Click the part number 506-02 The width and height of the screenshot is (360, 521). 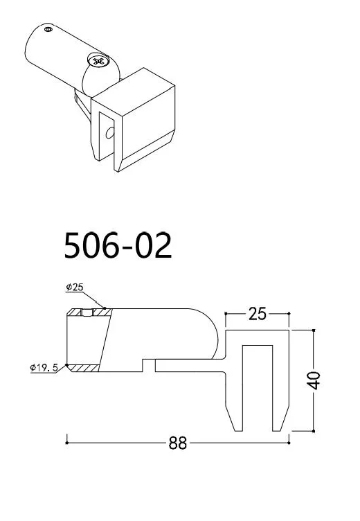(x=118, y=245)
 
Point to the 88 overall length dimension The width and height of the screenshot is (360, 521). (x=178, y=443)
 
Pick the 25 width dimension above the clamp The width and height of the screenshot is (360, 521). (x=257, y=315)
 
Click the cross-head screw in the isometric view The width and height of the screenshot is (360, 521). (x=97, y=62)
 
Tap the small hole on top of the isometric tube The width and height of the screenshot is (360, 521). (x=48, y=30)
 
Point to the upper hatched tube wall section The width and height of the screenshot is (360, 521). (x=89, y=313)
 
